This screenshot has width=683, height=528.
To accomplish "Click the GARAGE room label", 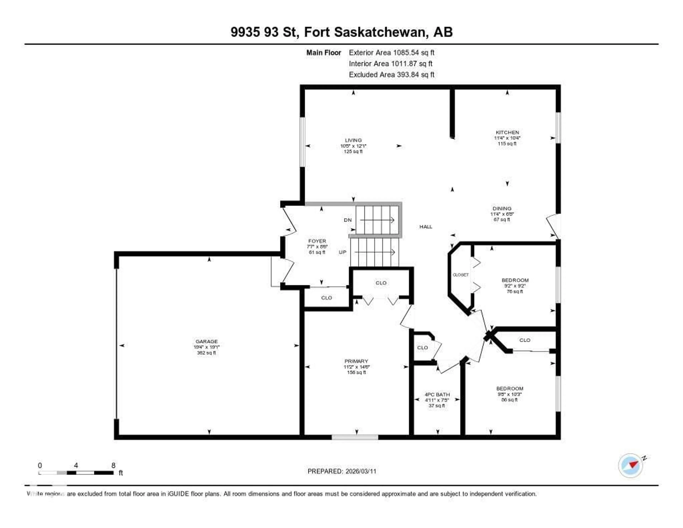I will pyautogui.click(x=206, y=341).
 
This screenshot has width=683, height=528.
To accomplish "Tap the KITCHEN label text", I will pyautogui.click(x=507, y=132).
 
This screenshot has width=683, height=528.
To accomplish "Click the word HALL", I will pyautogui.click(x=426, y=227).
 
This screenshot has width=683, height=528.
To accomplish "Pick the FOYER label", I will pyautogui.click(x=317, y=241).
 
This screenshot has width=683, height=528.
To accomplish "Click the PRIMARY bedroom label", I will pyautogui.click(x=356, y=361).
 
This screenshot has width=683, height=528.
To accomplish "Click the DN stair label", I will pyautogui.click(x=348, y=220).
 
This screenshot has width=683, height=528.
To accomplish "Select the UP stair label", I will pyautogui.click(x=342, y=252).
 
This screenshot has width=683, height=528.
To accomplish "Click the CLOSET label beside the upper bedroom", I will pyautogui.click(x=460, y=275).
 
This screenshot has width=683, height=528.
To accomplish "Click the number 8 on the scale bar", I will pyautogui.click(x=113, y=465).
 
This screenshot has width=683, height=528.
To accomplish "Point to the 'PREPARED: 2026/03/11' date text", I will pyautogui.click(x=342, y=471).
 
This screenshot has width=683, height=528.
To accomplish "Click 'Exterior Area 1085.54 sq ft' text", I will pyautogui.click(x=391, y=53).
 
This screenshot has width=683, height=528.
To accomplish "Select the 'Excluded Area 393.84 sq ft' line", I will pyautogui.click(x=391, y=74).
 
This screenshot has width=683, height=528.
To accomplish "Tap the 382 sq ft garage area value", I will pyautogui.click(x=206, y=353).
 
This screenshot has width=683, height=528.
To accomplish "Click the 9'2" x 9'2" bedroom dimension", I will pyautogui.click(x=515, y=286).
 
